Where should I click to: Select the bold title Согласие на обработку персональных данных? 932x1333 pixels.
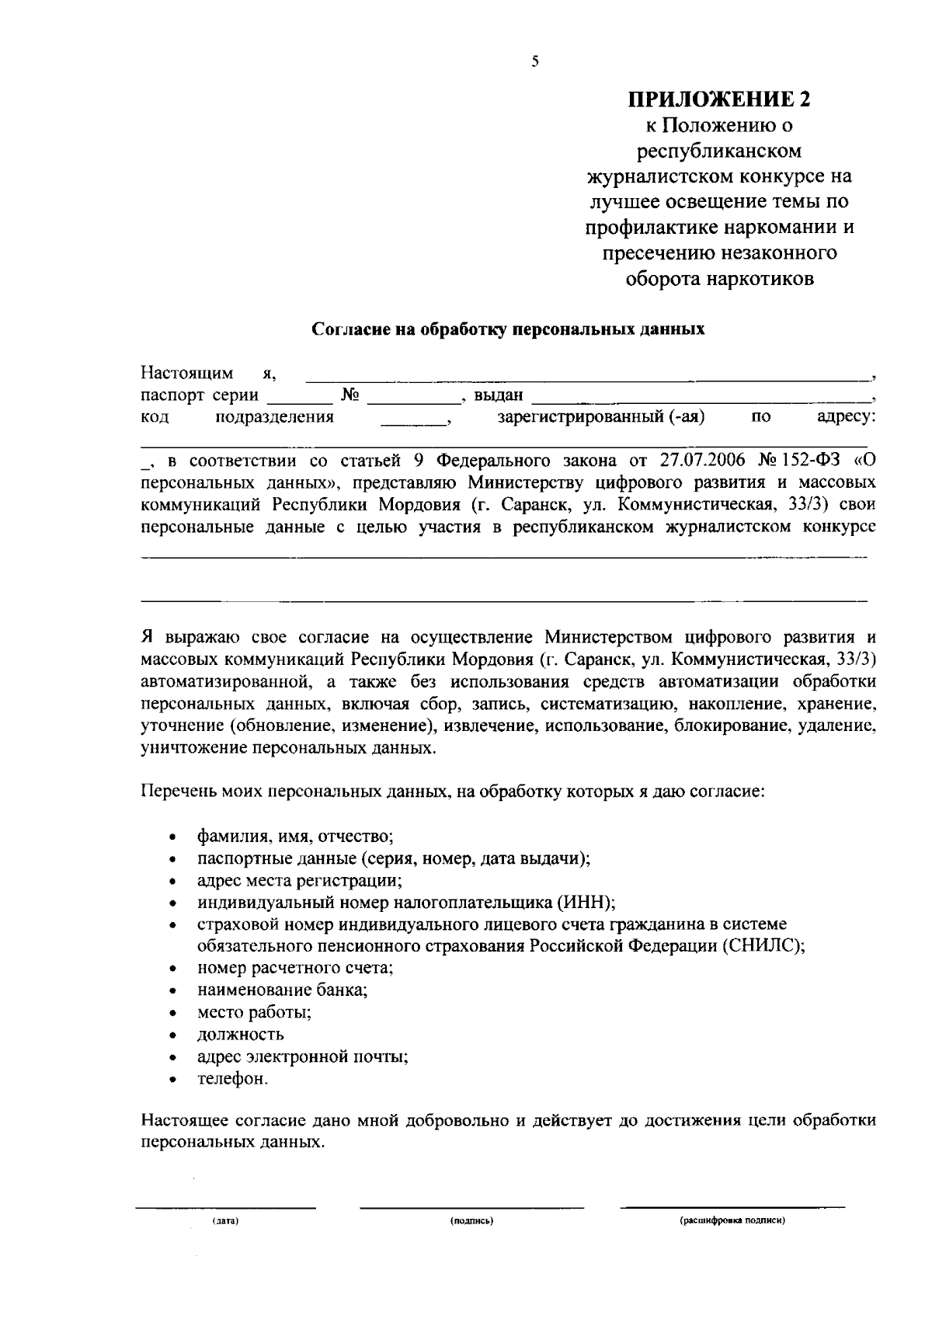(508, 329)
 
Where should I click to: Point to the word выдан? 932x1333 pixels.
(499, 396)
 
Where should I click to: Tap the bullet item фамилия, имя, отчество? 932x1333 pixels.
(296, 837)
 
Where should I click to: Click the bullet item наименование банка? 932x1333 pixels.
(283, 990)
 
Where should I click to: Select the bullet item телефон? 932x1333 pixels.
(233, 1079)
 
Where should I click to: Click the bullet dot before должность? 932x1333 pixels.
(173, 1036)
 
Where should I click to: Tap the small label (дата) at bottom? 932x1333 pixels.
(225, 1221)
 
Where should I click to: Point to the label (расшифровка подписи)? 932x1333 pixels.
(732, 1221)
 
